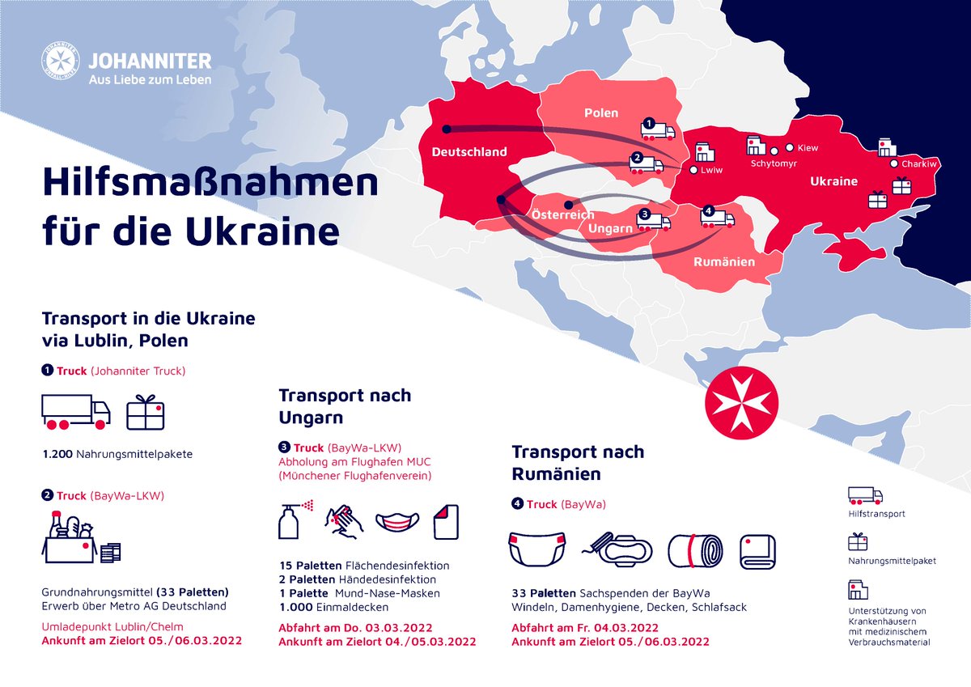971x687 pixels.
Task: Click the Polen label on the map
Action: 601,113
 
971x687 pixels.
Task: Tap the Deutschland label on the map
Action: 469,152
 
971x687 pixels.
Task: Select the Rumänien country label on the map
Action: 724,262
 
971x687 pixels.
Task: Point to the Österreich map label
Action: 562,215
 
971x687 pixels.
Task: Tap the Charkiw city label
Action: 918,164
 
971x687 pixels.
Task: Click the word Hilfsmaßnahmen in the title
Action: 210,184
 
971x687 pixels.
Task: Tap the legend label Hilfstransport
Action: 876,514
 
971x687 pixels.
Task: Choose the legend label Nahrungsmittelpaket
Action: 892,561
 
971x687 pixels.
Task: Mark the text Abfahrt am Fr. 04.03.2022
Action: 585,628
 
